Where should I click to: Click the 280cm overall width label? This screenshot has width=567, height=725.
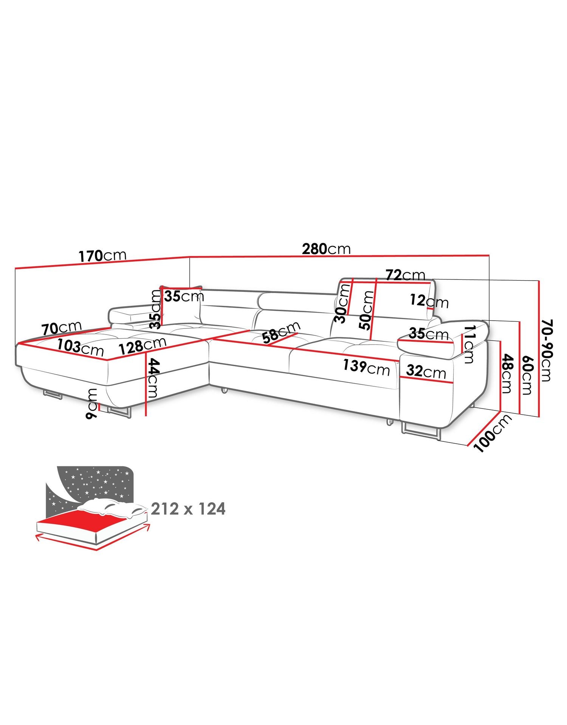pos(326,249)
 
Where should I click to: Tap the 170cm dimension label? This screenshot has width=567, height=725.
pos(102,255)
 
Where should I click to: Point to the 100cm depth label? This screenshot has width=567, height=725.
pos(493,433)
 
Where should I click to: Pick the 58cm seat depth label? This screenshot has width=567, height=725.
pos(282,332)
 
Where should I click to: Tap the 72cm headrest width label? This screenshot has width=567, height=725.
pos(405,275)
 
